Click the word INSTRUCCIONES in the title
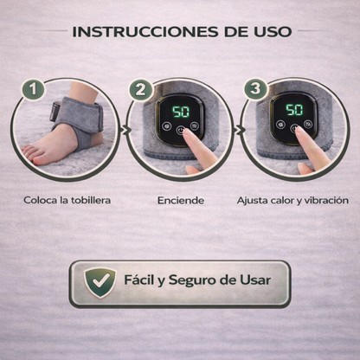pos(145,31)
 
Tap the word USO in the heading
pos(273,31)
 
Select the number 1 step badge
pos(33,89)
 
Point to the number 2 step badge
pos(141,90)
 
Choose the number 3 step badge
pos(255,89)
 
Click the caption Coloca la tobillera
pos(67,200)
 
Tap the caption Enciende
pos(181,201)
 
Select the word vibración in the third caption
pos(326,200)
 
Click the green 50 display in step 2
pos(181,112)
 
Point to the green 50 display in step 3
pos(294,110)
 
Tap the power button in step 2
pos(180,130)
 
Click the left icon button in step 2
pos(166,126)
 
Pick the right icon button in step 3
pos(308,124)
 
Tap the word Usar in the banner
pos(255,280)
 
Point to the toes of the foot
pos(30,154)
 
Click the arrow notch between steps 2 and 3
pos(238,130)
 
